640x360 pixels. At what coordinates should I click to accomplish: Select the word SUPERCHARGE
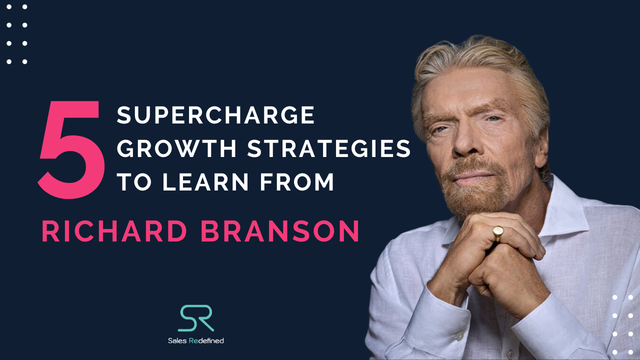pyautogui.click(x=216, y=116)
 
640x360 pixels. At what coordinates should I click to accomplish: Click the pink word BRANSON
pyautogui.click(x=281, y=232)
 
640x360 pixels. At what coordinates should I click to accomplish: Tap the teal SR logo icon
pyautogui.click(x=195, y=318)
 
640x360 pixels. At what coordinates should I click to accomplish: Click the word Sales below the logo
pyautogui.click(x=177, y=340)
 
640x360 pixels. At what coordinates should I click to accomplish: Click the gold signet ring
pyautogui.click(x=498, y=233)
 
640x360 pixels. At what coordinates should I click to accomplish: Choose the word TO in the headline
pyautogui.click(x=133, y=182)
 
